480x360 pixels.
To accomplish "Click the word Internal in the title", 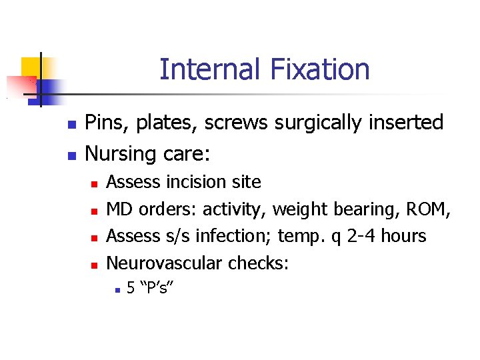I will pyautogui.click(x=203, y=69).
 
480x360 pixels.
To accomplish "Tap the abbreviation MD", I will pyautogui.click(x=119, y=209).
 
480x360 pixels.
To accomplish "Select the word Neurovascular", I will pyautogui.click(x=165, y=263).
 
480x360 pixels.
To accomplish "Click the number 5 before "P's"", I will pyautogui.click(x=131, y=289).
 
